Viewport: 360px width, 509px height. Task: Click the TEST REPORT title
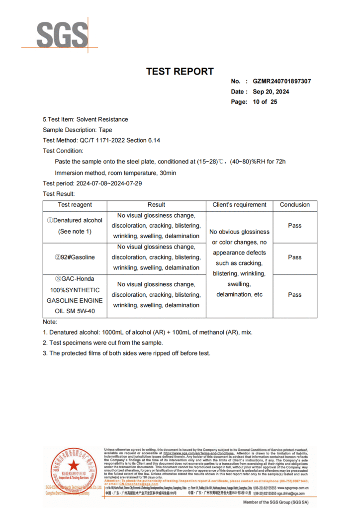(x=180, y=72)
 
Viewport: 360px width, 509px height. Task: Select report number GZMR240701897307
(x=282, y=82)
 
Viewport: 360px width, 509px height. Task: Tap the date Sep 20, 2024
(x=270, y=91)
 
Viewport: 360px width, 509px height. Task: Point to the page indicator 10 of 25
(x=265, y=102)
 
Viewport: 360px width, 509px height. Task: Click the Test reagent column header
(x=75, y=205)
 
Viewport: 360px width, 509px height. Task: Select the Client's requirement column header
(x=239, y=205)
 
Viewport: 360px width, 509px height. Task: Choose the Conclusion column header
(x=294, y=205)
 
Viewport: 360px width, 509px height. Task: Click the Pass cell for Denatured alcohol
(x=294, y=226)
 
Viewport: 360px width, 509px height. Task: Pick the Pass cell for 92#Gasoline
(x=294, y=257)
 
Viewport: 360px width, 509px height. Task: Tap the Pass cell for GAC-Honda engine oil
(x=294, y=295)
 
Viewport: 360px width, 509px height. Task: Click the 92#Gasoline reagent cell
(x=75, y=257)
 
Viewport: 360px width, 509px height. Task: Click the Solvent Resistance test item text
(x=101, y=119)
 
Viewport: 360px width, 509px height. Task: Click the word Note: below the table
(x=50, y=322)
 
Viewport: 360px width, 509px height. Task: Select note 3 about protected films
(x=126, y=353)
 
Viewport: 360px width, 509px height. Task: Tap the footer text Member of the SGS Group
(x=275, y=503)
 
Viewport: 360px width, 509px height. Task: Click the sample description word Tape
(x=105, y=130)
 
